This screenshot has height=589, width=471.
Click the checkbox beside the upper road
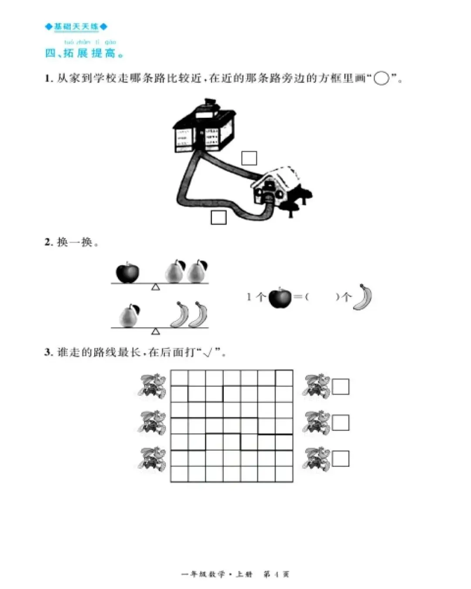[x=249, y=158]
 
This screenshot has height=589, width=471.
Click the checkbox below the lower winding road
[x=218, y=217]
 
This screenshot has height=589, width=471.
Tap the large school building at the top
[x=205, y=128]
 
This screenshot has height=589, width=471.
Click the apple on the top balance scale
[x=127, y=272]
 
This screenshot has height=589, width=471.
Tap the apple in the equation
[x=280, y=298]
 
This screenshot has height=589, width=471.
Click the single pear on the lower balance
[x=129, y=315]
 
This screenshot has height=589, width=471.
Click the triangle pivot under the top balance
[x=156, y=287]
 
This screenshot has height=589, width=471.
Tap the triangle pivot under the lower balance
[x=156, y=332]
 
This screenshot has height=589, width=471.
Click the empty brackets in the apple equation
[x=322, y=297]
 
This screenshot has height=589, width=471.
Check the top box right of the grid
[x=341, y=387]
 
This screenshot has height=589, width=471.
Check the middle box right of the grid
[x=341, y=422]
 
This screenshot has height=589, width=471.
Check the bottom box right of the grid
[x=341, y=459]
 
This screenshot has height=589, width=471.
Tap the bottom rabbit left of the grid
[x=152, y=459]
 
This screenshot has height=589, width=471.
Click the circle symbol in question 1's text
[x=382, y=79]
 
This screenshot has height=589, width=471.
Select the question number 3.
[x=48, y=352]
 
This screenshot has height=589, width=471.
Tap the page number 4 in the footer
[x=276, y=574]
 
